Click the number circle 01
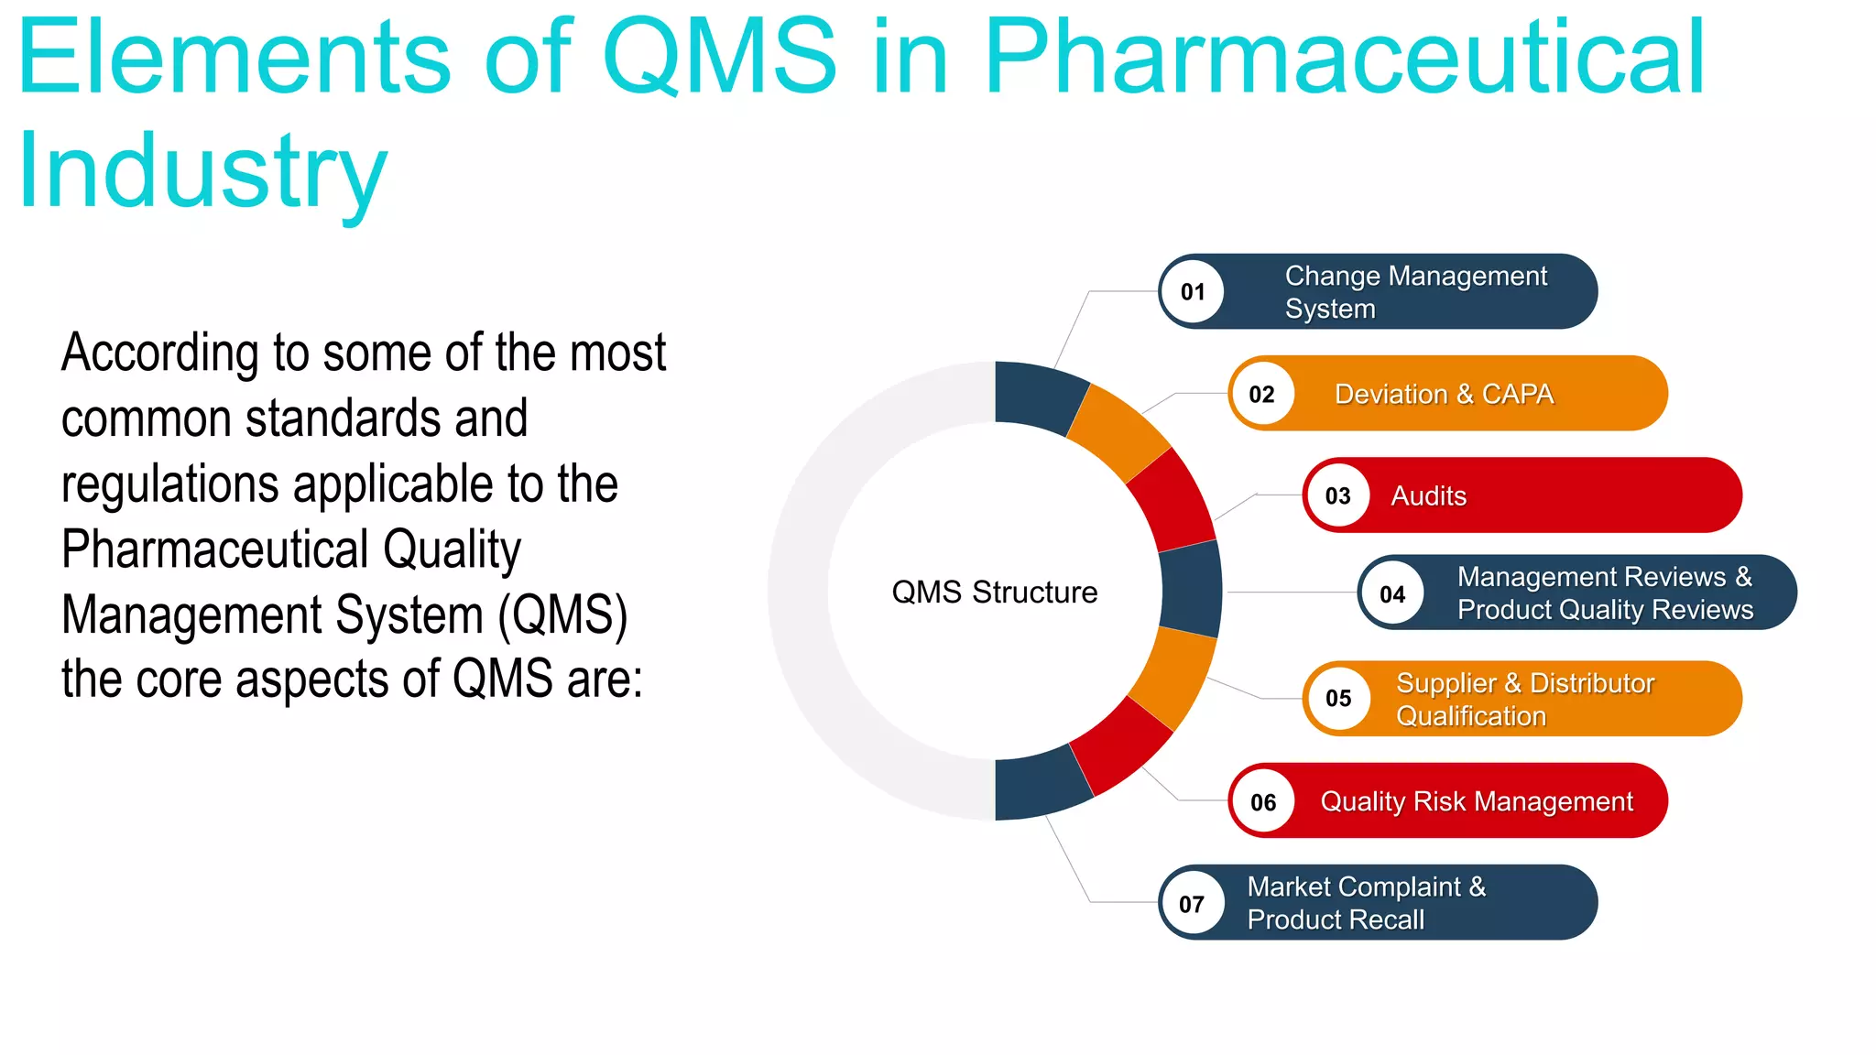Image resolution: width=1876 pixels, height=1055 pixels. coord(1193,292)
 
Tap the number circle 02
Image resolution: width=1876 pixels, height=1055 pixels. coord(1262,395)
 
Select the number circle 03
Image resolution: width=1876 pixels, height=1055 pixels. coord(1337,496)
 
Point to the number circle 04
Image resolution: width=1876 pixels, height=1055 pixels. coord(1392,594)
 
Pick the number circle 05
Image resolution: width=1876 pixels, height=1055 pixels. coord(1338,699)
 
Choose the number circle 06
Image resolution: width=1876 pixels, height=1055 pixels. coord(1263,802)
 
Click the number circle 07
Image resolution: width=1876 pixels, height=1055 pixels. coord(1192,904)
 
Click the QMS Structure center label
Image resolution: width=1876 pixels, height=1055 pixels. coord(995,593)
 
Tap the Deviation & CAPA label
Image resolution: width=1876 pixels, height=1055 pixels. coord(1444,395)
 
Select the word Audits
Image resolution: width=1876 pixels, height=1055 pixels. coord(1428,496)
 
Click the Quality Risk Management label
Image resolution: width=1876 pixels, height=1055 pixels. coord(1477,802)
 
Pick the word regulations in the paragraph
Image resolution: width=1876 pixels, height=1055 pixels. coord(169,484)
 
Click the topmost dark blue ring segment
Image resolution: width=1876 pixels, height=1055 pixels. coord(1039,396)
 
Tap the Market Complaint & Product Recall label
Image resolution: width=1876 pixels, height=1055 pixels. coord(1366,903)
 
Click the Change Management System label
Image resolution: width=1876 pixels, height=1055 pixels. coord(1415,292)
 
